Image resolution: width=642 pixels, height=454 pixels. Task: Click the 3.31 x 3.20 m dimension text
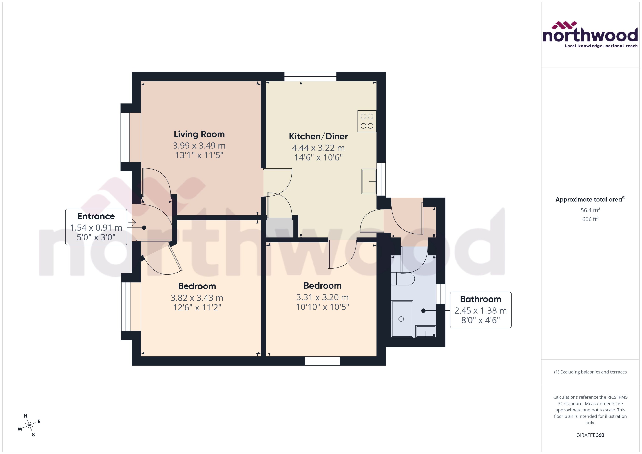click(x=322, y=297)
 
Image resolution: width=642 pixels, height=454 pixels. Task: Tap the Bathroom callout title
click(x=480, y=299)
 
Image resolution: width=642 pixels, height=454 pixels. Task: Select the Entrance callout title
click(x=96, y=216)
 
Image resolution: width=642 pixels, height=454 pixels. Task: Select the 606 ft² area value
click(x=590, y=219)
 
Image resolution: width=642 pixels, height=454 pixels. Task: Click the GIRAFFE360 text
click(x=590, y=435)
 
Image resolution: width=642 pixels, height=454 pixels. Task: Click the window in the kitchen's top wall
click(x=310, y=77)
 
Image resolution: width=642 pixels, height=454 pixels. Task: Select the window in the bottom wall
click(x=322, y=361)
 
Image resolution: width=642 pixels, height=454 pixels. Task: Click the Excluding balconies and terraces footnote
click(x=590, y=372)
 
